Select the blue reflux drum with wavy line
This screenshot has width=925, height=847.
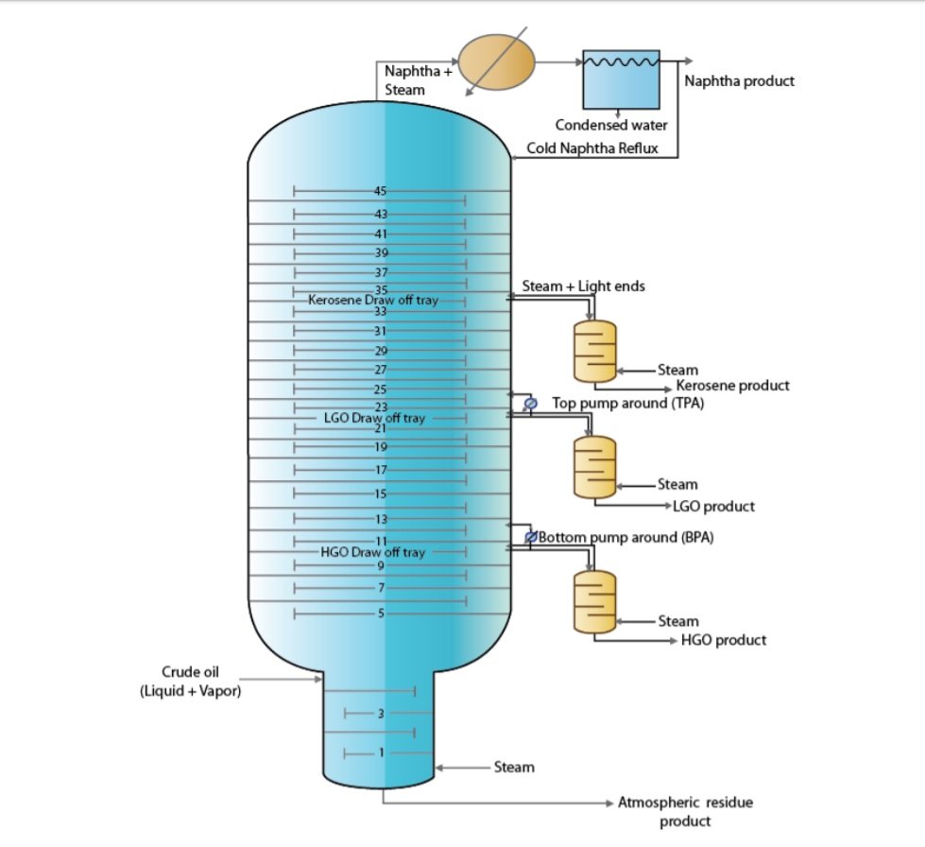pos(620,80)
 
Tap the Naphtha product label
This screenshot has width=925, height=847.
pos(739,81)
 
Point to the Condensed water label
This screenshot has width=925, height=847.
pos(610,125)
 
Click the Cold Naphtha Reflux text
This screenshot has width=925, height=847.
pos(591,148)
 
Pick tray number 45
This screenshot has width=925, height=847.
pos(380,192)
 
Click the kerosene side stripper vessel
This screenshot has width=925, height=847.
pos(594,352)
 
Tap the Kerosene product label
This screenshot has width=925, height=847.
pos(733,386)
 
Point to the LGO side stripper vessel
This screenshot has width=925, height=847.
pos(594,467)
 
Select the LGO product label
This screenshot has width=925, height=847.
pos(713,507)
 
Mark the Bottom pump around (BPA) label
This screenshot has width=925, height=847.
pos(625,538)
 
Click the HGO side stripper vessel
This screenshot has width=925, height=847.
pos(594,602)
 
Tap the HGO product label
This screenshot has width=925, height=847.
pos(723,641)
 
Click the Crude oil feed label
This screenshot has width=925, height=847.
pos(190,683)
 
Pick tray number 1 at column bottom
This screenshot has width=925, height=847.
pos(380,753)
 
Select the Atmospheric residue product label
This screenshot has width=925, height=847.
pos(685,812)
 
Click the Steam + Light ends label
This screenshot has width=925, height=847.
pos(583,285)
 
